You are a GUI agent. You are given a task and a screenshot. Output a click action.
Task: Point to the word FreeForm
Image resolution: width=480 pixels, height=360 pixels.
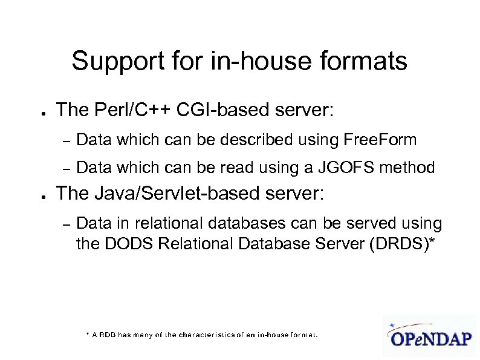pos(380,140)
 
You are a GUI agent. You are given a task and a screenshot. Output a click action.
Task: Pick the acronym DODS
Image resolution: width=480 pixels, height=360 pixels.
pos(119,244)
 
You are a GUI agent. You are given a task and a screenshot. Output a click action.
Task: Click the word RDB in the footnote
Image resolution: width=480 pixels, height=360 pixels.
pos(106,334)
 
